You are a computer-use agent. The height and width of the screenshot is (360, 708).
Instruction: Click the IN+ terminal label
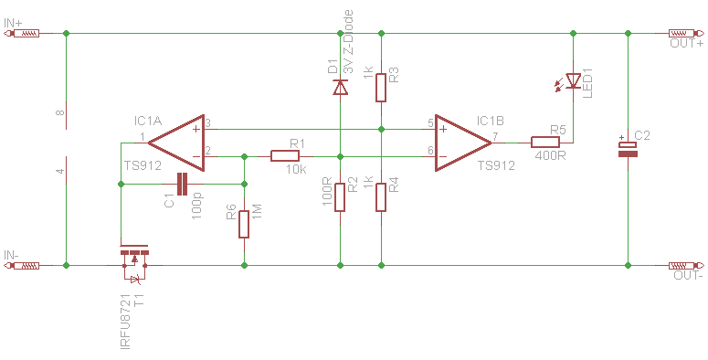pyautogui.click(x=13, y=23)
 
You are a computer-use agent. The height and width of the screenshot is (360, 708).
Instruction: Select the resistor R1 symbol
pyautogui.click(x=285, y=156)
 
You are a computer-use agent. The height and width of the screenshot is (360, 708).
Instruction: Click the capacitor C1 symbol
pyautogui.click(x=182, y=184)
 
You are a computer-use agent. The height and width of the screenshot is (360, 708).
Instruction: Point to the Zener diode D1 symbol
pyautogui.click(x=341, y=87)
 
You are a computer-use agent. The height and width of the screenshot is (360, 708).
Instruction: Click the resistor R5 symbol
pyautogui.click(x=545, y=143)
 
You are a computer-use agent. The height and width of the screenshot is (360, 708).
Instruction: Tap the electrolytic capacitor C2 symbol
pyautogui.click(x=628, y=149)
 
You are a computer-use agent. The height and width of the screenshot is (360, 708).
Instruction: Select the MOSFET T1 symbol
pyautogui.click(x=134, y=264)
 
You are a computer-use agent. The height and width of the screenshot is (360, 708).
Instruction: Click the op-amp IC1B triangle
pyautogui.click(x=463, y=143)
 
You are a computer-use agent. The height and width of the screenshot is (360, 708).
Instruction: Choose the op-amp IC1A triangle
pyautogui.click(x=176, y=143)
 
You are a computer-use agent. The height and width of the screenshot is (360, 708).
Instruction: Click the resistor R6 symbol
pyautogui.click(x=244, y=224)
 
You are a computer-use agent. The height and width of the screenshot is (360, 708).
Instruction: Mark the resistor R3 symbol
pyautogui.click(x=381, y=88)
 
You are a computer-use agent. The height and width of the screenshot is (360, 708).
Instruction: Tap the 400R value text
pyautogui.click(x=551, y=156)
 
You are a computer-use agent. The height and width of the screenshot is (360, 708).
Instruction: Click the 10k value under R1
pyautogui.click(x=296, y=170)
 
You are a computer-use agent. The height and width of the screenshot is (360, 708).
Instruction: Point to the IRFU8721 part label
pyautogui.click(x=125, y=321)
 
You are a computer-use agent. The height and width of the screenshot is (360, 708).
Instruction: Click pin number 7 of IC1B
pyautogui.click(x=495, y=136)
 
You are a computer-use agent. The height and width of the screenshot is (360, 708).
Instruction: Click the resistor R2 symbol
pyautogui.click(x=340, y=197)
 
